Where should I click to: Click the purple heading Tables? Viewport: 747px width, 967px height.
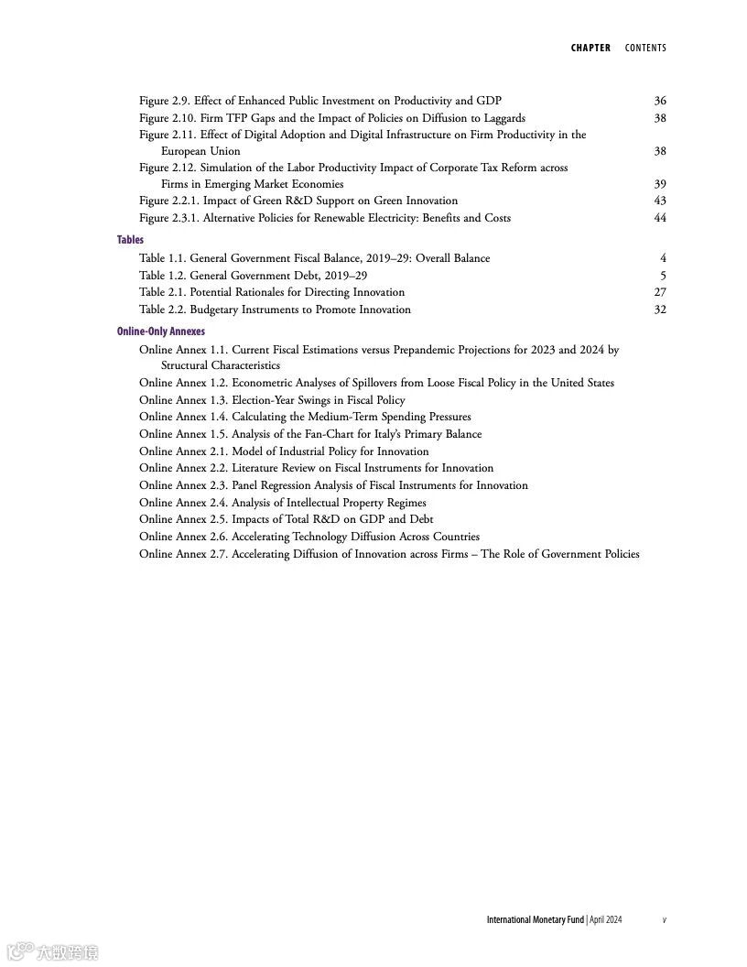pos(130,240)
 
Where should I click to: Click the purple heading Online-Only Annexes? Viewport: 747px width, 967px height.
pos(161,331)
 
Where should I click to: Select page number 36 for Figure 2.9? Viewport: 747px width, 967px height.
pos(660,101)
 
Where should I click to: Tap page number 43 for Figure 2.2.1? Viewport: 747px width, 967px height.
pos(660,201)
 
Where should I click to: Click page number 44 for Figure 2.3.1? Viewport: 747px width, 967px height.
pos(660,218)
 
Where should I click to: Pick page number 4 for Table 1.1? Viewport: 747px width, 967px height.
pos(663,258)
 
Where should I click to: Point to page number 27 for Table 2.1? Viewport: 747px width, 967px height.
pos(660,292)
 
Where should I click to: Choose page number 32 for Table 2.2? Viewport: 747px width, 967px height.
pos(660,310)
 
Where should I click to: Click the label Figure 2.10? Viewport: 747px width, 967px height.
pos(168,118)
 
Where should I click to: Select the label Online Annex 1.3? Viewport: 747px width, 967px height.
pos(183,400)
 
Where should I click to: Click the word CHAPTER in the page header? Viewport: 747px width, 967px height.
pos(590,48)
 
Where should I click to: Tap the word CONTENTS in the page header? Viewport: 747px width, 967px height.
pos(645,48)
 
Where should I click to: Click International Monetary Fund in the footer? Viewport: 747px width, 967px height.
pos(535,919)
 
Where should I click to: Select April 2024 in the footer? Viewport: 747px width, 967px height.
pos(606,919)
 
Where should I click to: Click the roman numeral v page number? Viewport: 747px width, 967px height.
pos(665,919)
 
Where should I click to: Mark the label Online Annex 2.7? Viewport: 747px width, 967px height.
pos(183,554)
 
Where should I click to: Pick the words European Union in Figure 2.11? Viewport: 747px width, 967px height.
pos(200,151)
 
